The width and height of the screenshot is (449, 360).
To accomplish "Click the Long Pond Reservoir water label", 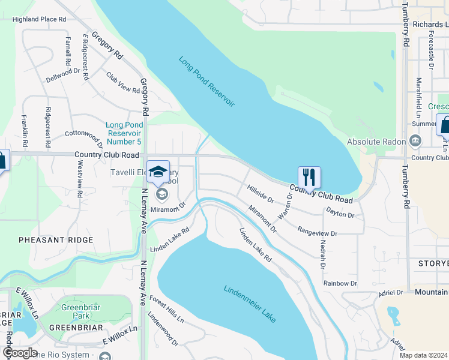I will (x=206, y=82).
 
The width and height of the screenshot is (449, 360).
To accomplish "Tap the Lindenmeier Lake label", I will (x=250, y=304).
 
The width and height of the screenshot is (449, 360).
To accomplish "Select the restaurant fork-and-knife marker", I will (x=309, y=177).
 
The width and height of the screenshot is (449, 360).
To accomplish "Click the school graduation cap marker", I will (x=158, y=172).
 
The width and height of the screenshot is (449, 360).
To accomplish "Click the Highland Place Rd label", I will (x=39, y=19).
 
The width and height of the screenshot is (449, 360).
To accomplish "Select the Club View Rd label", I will (x=122, y=83).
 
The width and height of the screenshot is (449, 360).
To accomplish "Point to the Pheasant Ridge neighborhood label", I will (x=56, y=240).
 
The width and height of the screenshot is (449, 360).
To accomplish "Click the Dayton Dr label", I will (x=340, y=212).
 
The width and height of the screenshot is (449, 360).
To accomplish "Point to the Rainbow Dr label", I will (x=340, y=283).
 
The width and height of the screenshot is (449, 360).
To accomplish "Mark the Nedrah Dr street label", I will (x=322, y=254).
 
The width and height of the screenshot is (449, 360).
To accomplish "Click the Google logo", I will (x=20, y=352).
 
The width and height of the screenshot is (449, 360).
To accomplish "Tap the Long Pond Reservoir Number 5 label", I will (x=124, y=133).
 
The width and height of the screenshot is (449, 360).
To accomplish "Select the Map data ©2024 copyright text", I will (x=423, y=355).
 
